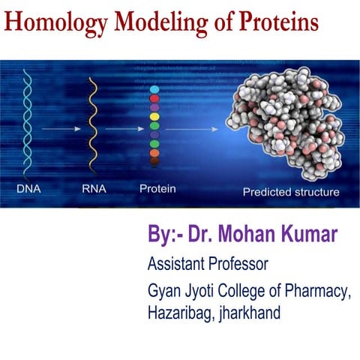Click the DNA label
pos(29,189)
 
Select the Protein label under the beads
pos(157,189)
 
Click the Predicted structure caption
pos(290,192)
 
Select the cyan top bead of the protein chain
pos(155,89)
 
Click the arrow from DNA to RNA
pos(60,130)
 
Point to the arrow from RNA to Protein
pos(124,130)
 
